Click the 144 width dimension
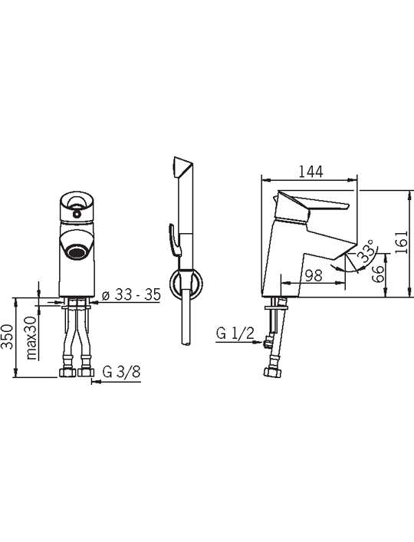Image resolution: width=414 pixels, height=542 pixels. pyautogui.click(x=310, y=172)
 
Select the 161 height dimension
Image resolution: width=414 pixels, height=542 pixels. pyautogui.click(x=402, y=242)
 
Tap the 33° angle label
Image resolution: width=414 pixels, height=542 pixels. pyautogui.click(x=366, y=251)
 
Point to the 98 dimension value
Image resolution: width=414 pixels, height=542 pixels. pyautogui.click(x=314, y=275)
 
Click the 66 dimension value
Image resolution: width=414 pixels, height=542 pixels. pyautogui.click(x=379, y=274)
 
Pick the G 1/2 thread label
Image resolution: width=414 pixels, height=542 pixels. pyautogui.click(x=235, y=333)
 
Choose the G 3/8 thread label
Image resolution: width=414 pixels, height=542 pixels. pyautogui.click(x=121, y=372)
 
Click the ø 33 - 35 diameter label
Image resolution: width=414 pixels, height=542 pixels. pyautogui.click(x=131, y=294)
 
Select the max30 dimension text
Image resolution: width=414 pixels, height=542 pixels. pyautogui.click(x=31, y=338)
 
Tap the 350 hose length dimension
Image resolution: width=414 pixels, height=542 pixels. pyautogui.click(x=8, y=337)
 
